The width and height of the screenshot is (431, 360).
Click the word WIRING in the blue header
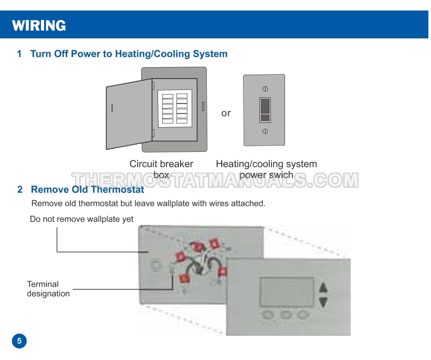pyautogui.click(x=39, y=25)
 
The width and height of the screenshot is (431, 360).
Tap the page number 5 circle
pyautogui.click(x=19, y=341)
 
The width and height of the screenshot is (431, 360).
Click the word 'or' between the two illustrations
pyautogui.click(x=226, y=113)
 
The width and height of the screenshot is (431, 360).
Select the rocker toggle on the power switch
pyautogui.click(x=265, y=110)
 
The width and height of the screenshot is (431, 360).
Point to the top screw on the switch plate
pyautogui.click(x=265, y=89)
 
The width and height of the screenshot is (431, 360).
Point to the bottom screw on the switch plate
pyautogui.click(x=265, y=131)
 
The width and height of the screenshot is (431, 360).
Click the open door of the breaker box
pyautogui.click(x=129, y=114)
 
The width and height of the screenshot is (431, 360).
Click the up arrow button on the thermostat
pyautogui.click(x=323, y=287)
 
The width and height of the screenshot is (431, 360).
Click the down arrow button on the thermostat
pyautogui.click(x=323, y=302)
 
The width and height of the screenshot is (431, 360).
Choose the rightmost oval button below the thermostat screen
pyautogui.click(x=303, y=315)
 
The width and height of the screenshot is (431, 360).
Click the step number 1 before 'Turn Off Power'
pyautogui.click(x=19, y=54)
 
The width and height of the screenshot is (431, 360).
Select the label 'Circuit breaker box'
pyautogui.click(x=161, y=169)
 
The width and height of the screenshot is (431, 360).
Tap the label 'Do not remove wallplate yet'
pyautogui.click(x=81, y=219)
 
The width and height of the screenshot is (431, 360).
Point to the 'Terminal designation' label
pyautogui.click(x=48, y=289)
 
